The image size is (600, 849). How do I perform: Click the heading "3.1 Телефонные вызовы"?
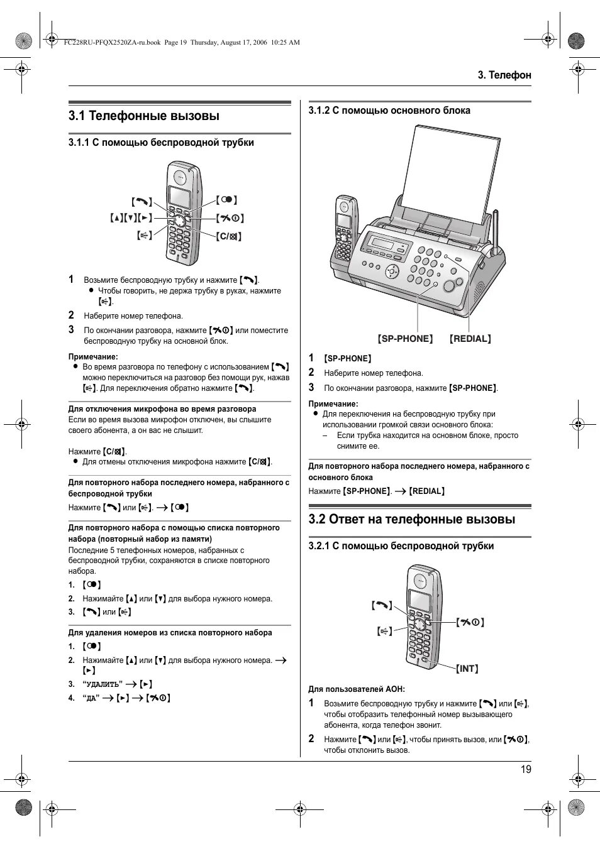[x=144, y=116]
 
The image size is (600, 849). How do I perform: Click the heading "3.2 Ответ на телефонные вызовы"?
[x=411, y=520]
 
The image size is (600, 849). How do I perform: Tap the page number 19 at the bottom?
[x=526, y=769]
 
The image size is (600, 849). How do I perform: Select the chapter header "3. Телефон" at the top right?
[x=504, y=75]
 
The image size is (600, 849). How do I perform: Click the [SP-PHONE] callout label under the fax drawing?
[x=405, y=339]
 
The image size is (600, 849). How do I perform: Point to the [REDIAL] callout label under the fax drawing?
[x=470, y=339]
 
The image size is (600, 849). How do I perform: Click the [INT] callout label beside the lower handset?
[x=467, y=669]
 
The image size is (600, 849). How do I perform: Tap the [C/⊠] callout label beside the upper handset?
[x=229, y=237]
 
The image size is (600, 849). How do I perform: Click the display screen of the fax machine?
[x=383, y=243]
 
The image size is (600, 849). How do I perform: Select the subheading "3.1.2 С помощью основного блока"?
[x=389, y=111]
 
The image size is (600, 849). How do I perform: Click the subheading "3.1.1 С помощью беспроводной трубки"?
[x=161, y=143]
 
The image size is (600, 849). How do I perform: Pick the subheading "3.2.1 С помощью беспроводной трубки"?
[x=401, y=546]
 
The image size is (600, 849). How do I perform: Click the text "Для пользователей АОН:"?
[x=356, y=689]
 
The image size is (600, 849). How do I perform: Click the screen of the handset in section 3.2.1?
[x=418, y=601]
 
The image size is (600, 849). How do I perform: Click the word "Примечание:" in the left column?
[x=93, y=356]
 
